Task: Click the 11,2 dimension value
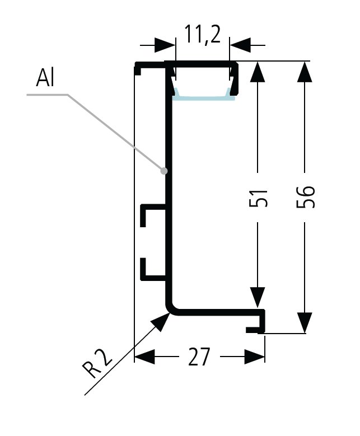[x=203, y=35]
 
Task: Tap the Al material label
[x=45, y=79]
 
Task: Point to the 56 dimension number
[x=307, y=196]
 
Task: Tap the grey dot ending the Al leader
[x=164, y=171]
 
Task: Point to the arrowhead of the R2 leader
[x=162, y=320]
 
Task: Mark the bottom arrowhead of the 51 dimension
[x=258, y=298]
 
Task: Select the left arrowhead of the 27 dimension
[x=144, y=357]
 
